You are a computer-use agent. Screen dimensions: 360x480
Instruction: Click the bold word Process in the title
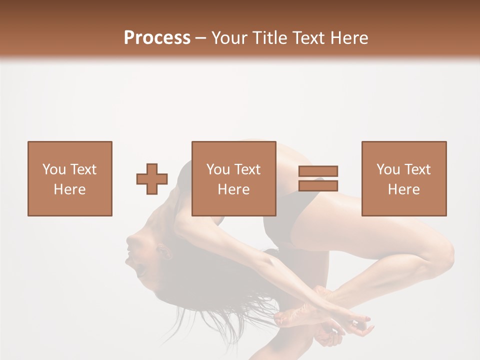pos(157,38)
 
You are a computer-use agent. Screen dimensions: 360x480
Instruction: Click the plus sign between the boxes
pos(152,179)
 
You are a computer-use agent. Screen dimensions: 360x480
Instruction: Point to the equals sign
pos(318,178)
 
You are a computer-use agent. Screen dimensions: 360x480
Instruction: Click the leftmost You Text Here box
pos(69,178)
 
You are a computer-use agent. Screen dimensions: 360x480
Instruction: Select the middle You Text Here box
pos(233,178)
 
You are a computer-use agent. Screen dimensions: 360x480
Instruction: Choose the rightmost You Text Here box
pos(403,178)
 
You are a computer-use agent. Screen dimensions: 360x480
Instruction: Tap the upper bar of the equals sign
pos(318,171)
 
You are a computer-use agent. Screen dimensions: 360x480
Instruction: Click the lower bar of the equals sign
pos(318,185)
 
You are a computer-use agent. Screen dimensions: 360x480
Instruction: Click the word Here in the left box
pos(69,189)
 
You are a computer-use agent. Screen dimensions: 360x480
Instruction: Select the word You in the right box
pos(388,169)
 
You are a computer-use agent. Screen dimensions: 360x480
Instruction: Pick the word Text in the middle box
pos(247,169)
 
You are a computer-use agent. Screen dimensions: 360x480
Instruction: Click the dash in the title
pos(200,38)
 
